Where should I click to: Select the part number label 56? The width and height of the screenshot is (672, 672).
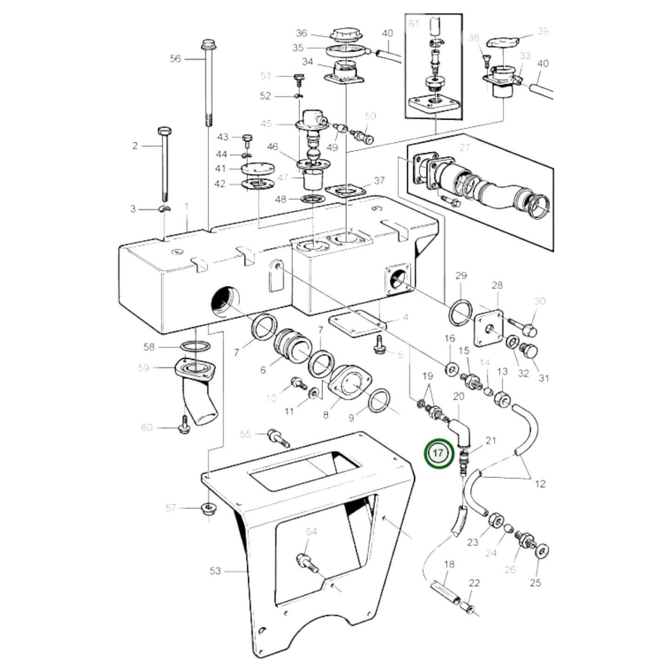point(175,59)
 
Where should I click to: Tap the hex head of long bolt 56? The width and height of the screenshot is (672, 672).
point(206,45)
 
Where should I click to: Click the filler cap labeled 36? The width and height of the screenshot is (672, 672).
point(343,35)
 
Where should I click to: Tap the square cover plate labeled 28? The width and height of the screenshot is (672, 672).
point(489,328)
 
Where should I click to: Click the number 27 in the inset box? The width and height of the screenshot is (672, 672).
point(465,148)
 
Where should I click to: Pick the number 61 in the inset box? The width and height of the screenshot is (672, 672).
point(414,24)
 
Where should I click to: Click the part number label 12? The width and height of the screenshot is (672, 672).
point(539,484)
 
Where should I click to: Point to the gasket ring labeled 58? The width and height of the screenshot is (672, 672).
point(194,346)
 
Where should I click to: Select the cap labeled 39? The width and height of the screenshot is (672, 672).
point(502,43)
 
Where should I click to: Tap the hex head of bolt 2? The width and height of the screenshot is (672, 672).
point(163,130)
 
